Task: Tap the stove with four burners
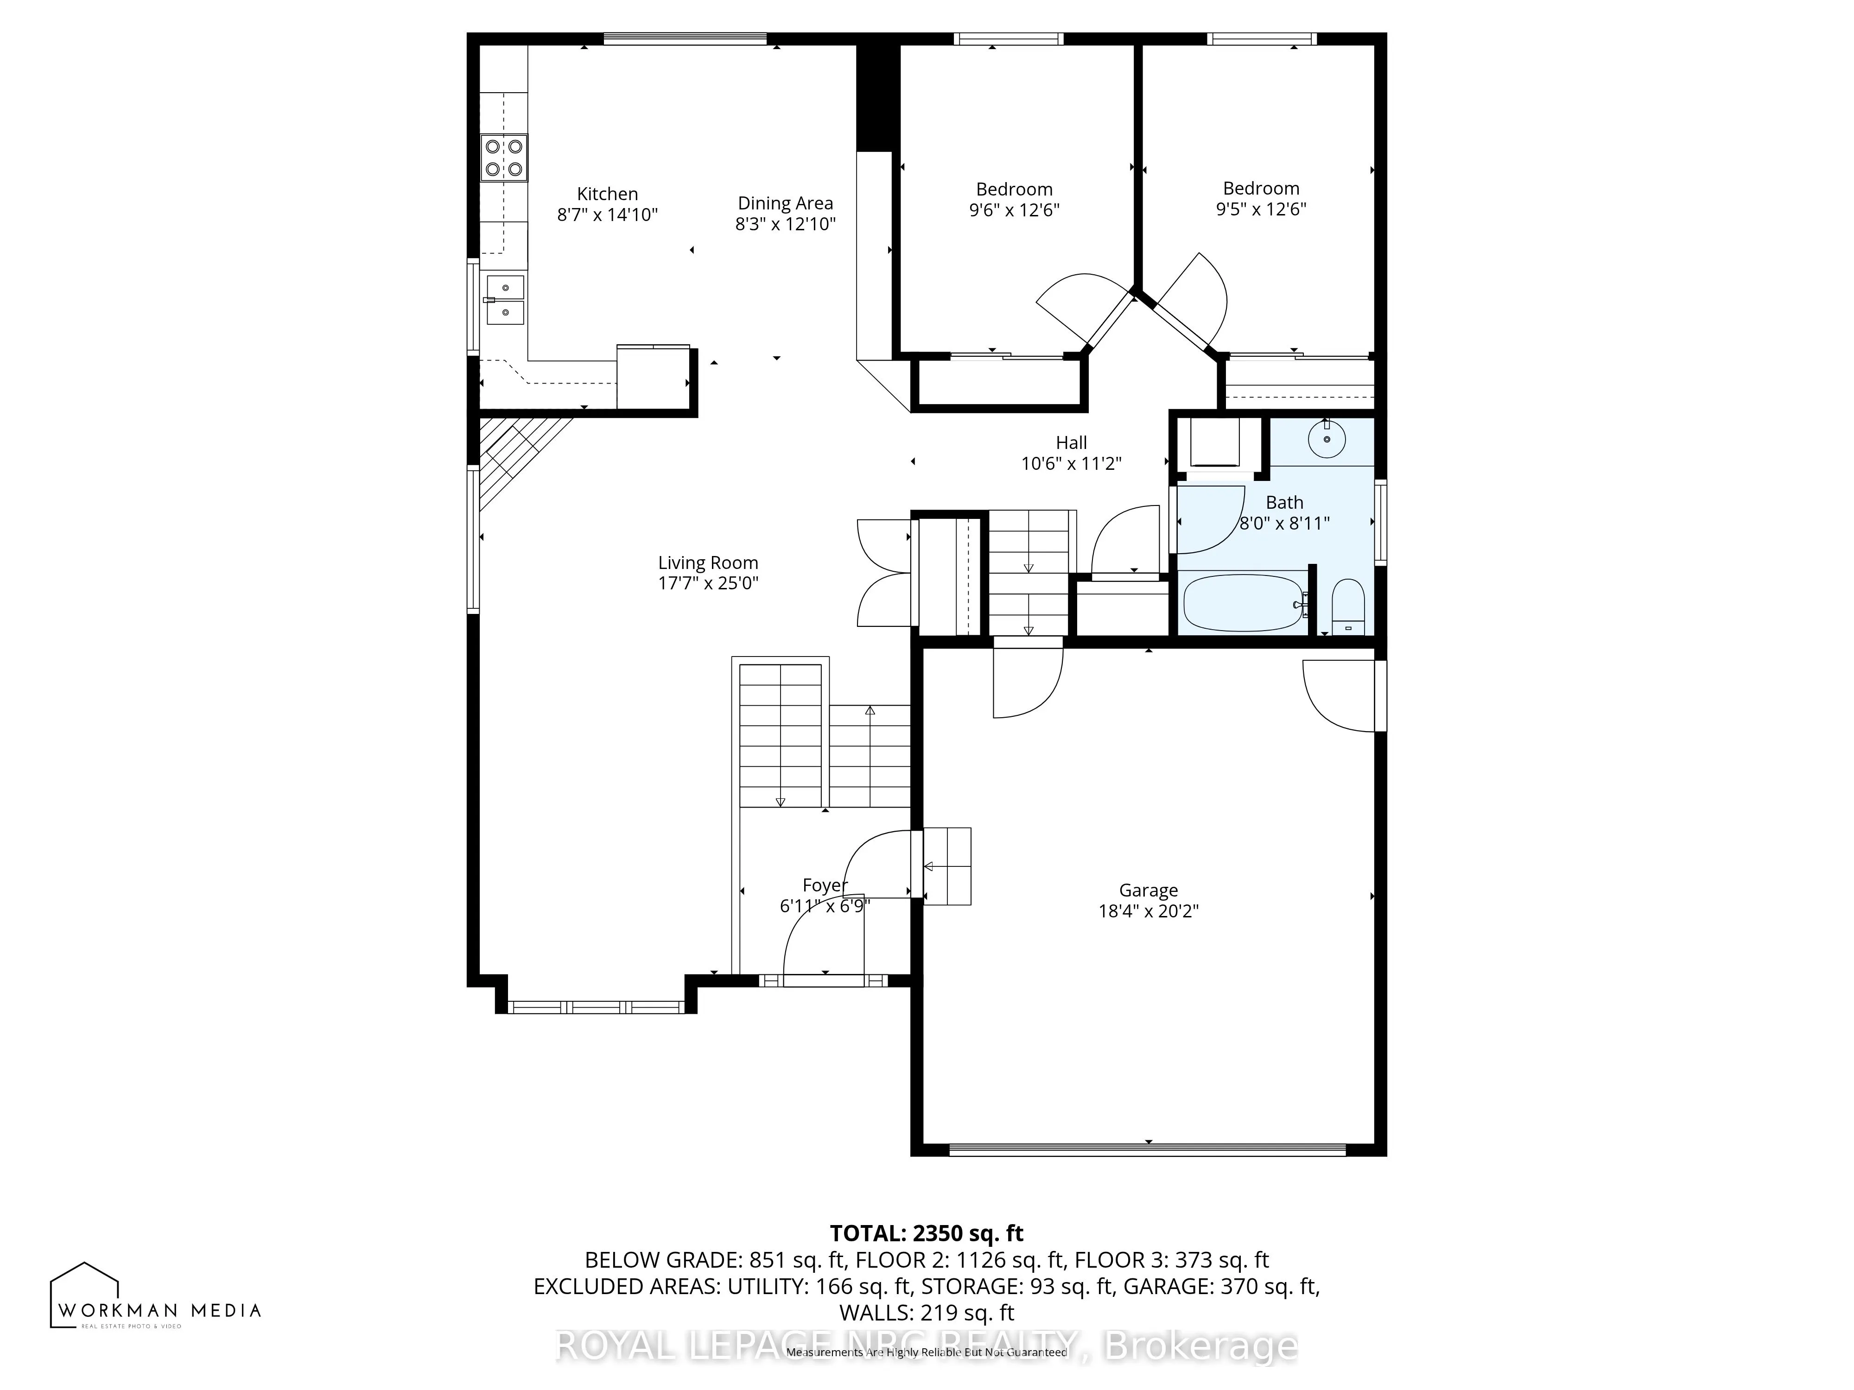coord(504,158)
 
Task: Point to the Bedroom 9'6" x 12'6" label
coord(1014,199)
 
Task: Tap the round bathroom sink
coord(1327,438)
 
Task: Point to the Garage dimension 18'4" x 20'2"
coord(1148,911)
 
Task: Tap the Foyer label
coord(825,885)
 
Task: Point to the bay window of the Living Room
coord(596,1006)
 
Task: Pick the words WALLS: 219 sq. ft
coord(926,1312)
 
